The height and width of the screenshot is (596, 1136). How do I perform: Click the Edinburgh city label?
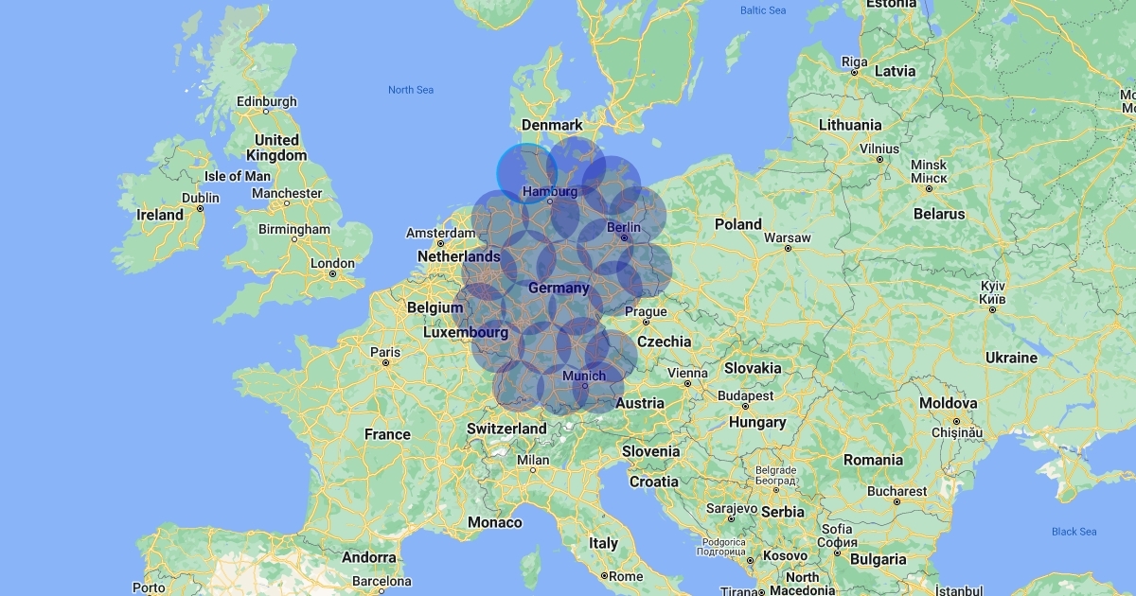click(266, 102)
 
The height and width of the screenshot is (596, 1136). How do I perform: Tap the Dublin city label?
click(201, 199)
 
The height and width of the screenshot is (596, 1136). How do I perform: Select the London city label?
click(332, 264)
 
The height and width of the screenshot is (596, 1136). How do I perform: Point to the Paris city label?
click(385, 353)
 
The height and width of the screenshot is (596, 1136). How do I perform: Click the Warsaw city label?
click(788, 237)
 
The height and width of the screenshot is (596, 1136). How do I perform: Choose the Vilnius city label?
click(879, 149)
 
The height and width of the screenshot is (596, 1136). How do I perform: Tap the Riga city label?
click(854, 61)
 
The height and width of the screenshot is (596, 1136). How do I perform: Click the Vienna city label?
click(687, 373)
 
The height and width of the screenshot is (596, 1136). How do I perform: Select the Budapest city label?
click(746, 396)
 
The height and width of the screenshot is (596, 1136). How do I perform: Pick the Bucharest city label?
click(896, 491)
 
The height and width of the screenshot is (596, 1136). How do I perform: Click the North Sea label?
click(411, 90)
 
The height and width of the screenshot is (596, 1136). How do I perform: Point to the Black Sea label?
click(1074, 532)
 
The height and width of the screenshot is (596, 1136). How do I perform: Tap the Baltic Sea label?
click(763, 10)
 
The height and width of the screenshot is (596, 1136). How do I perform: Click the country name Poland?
click(738, 224)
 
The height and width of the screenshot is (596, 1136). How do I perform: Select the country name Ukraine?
click(1012, 358)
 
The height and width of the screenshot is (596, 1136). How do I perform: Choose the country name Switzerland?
click(506, 429)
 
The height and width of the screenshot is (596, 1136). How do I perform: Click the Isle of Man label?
click(238, 176)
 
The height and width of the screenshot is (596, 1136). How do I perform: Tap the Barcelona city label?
click(382, 581)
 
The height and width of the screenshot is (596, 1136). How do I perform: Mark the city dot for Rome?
click(604, 575)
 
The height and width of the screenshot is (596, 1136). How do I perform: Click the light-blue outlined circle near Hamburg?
click(526, 173)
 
